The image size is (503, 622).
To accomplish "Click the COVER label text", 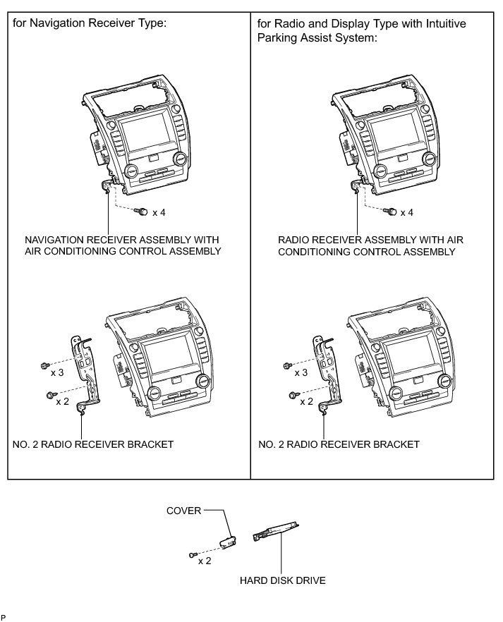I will [x=183, y=510].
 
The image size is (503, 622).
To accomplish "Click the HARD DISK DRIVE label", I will [x=282, y=581].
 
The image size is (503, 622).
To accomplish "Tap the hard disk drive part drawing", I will [x=276, y=530].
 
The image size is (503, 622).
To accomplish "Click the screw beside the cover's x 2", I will [x=192, y=555].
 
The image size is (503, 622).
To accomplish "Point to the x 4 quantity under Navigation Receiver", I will [x=159, y=212].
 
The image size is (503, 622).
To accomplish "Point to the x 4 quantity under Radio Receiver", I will [x=407, y=212].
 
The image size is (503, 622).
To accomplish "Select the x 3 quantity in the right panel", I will [x=301, y=372].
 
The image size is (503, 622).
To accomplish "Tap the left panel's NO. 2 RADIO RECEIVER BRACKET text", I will [x=93, y=444].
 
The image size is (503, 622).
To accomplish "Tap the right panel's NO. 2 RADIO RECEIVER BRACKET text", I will [x=339, y=444].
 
